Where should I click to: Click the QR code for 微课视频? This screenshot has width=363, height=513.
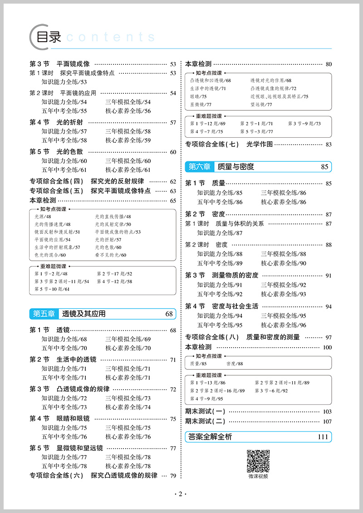[x=258, y=460]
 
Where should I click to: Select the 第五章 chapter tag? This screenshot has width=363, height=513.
[x=44, y=314]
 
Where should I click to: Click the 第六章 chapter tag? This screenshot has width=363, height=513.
[x=199, y=167]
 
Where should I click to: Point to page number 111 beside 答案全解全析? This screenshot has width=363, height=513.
[x=323, y=437]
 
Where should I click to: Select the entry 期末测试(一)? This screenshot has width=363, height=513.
[x=205, y=411]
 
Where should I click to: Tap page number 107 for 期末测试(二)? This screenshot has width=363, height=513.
[x=327, y=421]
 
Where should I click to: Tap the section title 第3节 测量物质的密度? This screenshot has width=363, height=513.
[x=221, y=275]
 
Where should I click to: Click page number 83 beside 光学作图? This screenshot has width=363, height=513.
[x=329, y=145]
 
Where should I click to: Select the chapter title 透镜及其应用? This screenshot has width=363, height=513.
[x=83, y=314]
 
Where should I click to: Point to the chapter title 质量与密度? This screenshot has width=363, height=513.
[x=235, y=167]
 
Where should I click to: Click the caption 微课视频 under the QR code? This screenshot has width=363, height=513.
[x=258, y=476]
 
